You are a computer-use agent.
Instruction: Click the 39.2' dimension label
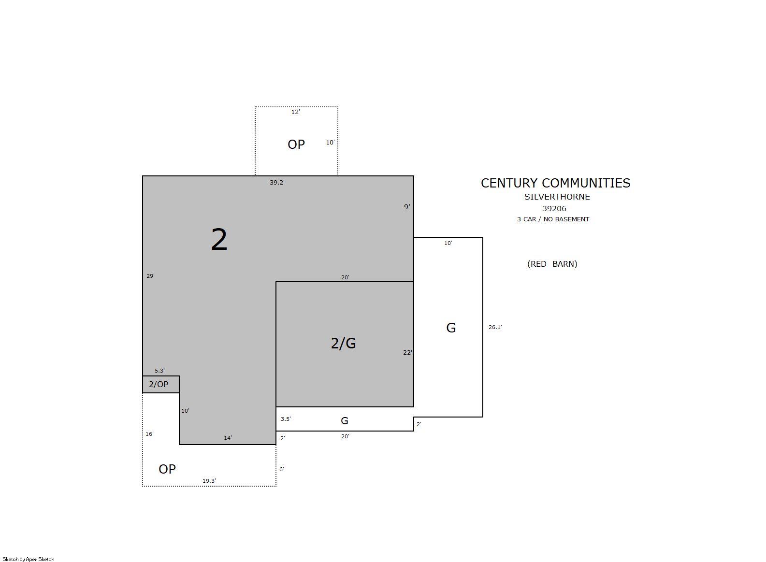pos(277,183)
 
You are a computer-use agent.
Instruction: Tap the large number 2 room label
pos(219,240)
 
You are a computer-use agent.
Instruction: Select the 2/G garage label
pos(343,343)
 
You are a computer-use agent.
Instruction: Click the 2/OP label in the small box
pos(159,384)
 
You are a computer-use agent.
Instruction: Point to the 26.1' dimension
pos(495,327)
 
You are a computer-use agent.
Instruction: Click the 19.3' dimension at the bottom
pos(209,481)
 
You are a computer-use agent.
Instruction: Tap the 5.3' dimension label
pos(159,371)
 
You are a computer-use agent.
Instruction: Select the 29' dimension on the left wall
pos(150,276)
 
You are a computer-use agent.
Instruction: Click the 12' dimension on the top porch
pos(295,112)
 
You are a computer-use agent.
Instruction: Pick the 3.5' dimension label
pos(286,419)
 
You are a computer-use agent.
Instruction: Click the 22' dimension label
pos(407,352)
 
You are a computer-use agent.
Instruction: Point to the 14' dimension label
pos(228,438)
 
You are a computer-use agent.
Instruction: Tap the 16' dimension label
pos(149,434)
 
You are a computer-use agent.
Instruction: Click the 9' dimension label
pos(407,207)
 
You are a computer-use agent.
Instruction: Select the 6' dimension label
pos(282,469)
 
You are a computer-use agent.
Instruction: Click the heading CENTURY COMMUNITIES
pos(555,183)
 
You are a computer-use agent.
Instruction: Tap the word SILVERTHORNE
pos(557,197)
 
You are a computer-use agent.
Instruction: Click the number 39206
pos(554,209)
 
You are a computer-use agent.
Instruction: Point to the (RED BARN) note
pos(552,264)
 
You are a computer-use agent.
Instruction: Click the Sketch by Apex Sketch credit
pos(29,559)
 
